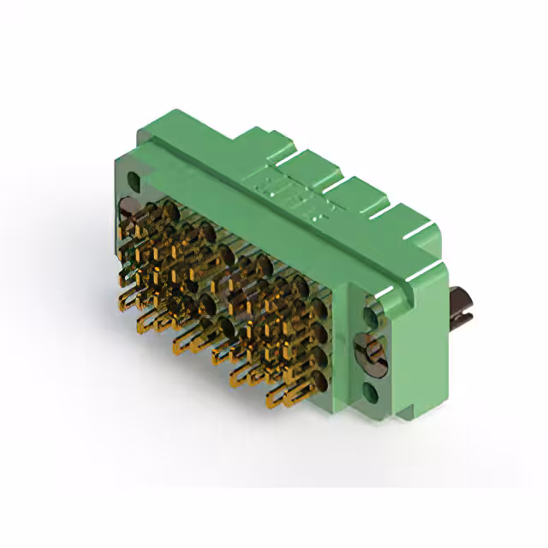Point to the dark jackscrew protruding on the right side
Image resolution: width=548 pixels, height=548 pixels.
462,305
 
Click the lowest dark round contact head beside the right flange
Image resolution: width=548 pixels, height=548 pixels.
318,382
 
